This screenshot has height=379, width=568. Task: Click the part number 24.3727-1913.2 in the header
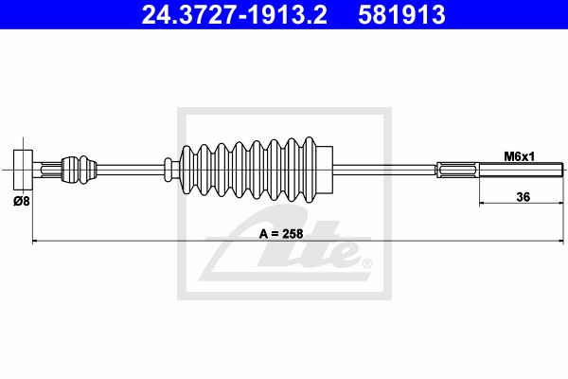tap(235, 15)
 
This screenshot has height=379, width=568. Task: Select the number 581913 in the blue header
tap(401, 15)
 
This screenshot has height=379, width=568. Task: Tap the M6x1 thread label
tap(520, 156)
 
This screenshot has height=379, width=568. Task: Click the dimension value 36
tap(524, 197)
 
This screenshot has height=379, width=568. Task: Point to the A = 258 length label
tap(281, 234)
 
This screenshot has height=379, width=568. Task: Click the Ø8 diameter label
tap(22, 201)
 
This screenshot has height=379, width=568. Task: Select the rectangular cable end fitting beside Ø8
tap(23, 170)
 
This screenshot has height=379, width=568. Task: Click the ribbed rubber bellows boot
tap(248, 170)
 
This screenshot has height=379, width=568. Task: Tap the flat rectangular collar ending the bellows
tap(325, 170)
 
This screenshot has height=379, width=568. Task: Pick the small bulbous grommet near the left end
tap(79, 170)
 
